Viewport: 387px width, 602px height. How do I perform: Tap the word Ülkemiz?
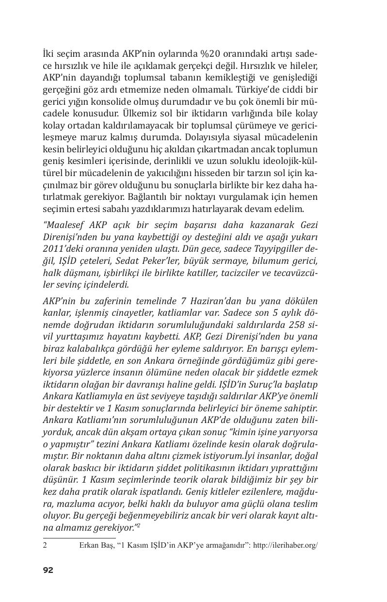pos(138,114)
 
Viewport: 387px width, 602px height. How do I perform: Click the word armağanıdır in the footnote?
pos(224,545)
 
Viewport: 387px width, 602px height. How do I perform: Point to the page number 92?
pos(48,570)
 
